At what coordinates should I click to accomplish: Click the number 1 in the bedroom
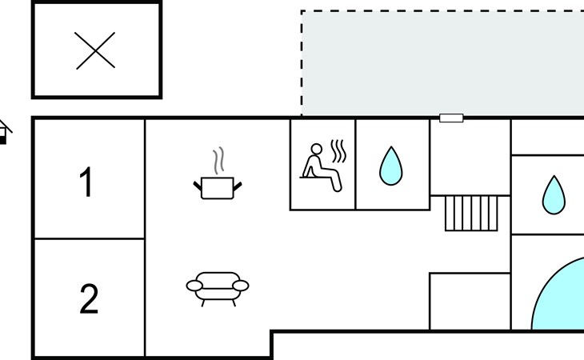[86, 183]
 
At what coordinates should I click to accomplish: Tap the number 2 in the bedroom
[88, 299]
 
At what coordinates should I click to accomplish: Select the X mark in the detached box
[96, 50]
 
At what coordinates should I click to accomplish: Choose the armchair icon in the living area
[217, 286]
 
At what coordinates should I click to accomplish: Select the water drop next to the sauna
[390, 166]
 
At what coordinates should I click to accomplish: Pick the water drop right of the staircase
[554, 194]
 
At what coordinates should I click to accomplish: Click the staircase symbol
[471, 213]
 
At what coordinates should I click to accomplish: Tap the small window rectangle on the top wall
[451, 118]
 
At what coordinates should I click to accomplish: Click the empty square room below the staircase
[470, 301]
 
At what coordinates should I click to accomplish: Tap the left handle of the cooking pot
[197, 187]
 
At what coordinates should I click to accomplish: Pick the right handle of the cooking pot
[238, 187]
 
